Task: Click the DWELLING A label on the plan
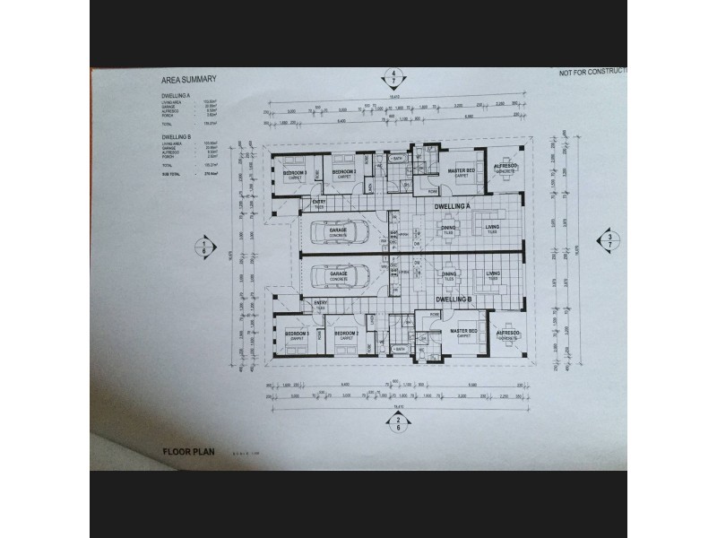click(x=453, y=207)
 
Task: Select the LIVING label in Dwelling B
click(x=492, y=274)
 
